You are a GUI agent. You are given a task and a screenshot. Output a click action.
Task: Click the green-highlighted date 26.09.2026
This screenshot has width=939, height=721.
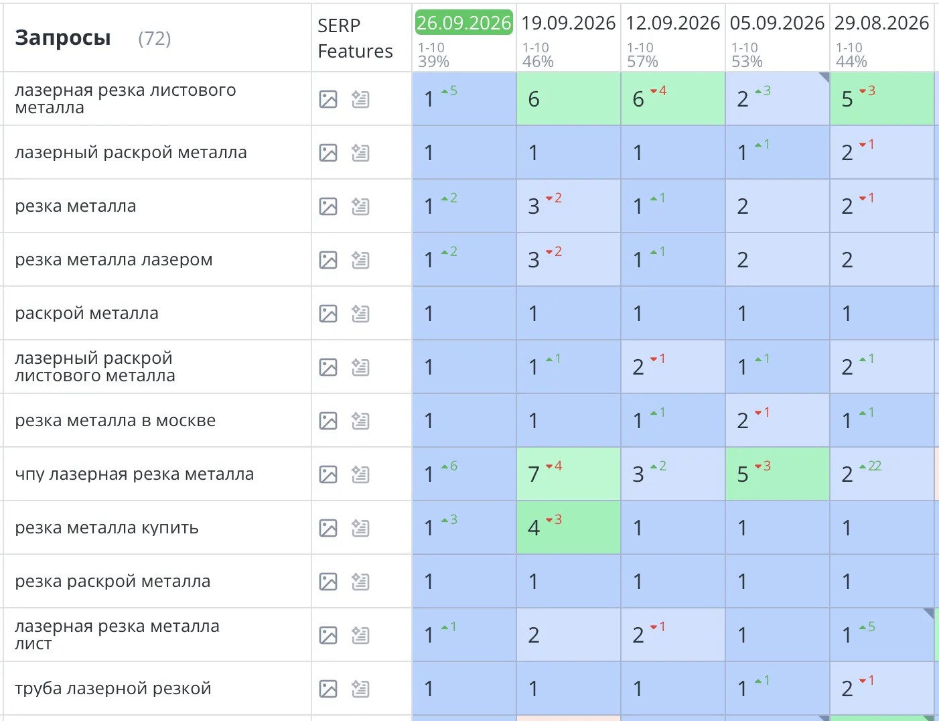tap(463, 23)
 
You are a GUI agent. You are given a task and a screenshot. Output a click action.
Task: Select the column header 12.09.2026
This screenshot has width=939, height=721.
tap(673, 23)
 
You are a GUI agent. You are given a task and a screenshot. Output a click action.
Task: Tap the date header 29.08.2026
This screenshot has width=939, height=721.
tap(881, 23)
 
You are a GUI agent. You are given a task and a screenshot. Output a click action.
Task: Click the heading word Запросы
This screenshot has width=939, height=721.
tap(63, 38)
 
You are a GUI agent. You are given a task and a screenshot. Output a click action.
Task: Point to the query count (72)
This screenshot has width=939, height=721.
tap(154, 38)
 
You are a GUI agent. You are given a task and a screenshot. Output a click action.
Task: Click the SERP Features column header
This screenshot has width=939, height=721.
tap(355, 38)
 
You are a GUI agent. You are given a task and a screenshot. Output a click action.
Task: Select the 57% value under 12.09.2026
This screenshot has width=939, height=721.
tap(642, 62)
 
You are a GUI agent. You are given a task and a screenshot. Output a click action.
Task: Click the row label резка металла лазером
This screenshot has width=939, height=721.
tap(114, 259)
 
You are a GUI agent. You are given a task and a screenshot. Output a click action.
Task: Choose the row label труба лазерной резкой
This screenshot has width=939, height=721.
tap(113, 688)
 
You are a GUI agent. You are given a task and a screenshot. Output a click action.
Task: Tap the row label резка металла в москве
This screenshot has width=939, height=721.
tap(115, 420)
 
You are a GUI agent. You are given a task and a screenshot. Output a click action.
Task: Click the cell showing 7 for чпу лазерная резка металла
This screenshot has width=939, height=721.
tap(569, 474)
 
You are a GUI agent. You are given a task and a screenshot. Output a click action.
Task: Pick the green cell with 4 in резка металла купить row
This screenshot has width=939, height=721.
tap(569, 527)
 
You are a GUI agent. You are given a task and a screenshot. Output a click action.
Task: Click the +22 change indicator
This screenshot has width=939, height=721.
tap(871, 466)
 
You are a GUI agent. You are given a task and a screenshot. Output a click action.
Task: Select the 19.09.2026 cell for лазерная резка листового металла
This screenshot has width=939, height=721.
tap(569, 99)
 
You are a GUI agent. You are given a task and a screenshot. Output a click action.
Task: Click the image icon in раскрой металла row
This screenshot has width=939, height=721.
tap(328, 314)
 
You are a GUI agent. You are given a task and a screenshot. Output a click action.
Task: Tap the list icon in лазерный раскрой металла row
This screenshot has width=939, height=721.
tap(360, 153)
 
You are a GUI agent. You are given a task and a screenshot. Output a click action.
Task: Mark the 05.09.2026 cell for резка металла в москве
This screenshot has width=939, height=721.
tap(778, 420)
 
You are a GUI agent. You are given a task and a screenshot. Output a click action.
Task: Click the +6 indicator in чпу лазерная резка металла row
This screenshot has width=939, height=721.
tap(449, 466)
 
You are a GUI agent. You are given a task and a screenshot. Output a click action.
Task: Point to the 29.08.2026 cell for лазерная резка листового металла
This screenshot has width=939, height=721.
tap(881, 99)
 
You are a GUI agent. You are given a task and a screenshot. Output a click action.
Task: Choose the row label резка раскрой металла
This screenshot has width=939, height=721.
tap(113, 581)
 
